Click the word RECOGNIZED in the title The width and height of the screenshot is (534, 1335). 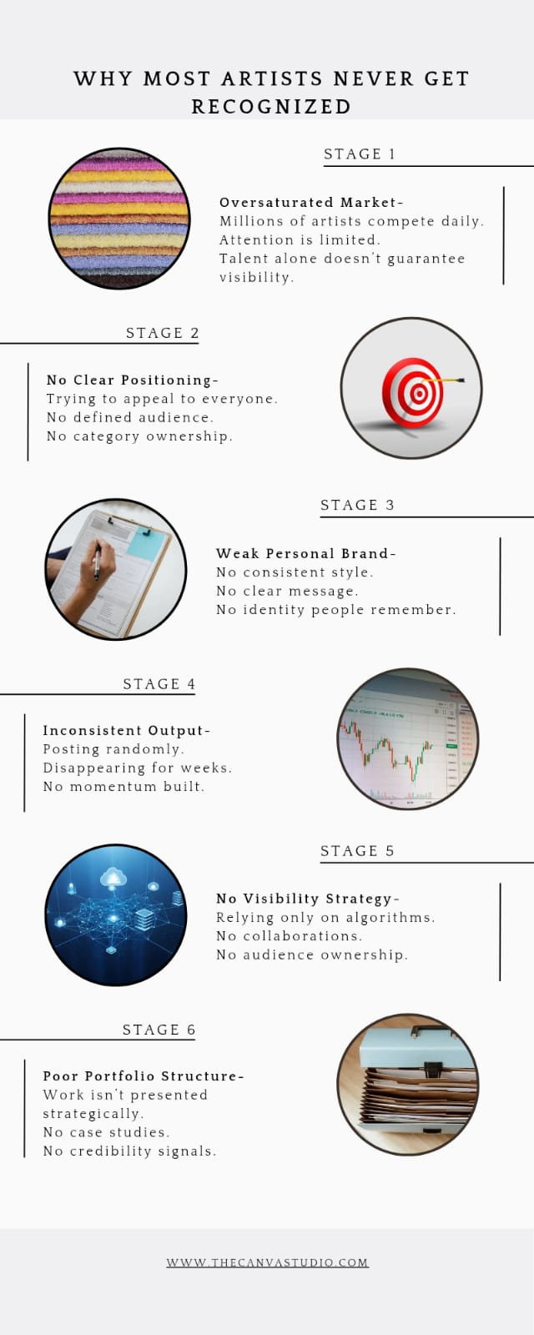click(271, 107)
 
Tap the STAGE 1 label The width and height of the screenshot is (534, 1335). click(360, 154)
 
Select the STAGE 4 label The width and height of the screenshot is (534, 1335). click(159, 683)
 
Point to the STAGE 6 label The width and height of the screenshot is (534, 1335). click(159, 1030)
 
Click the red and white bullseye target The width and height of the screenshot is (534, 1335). click(413, 393)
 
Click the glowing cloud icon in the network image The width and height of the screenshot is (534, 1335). click(112, 878)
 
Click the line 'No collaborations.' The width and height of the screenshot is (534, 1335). click(289, 935)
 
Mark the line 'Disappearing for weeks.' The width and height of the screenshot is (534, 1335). click(137, 768)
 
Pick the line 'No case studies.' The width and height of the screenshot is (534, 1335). click(106, 1131)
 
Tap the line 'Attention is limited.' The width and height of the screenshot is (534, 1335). click(300, 239)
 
